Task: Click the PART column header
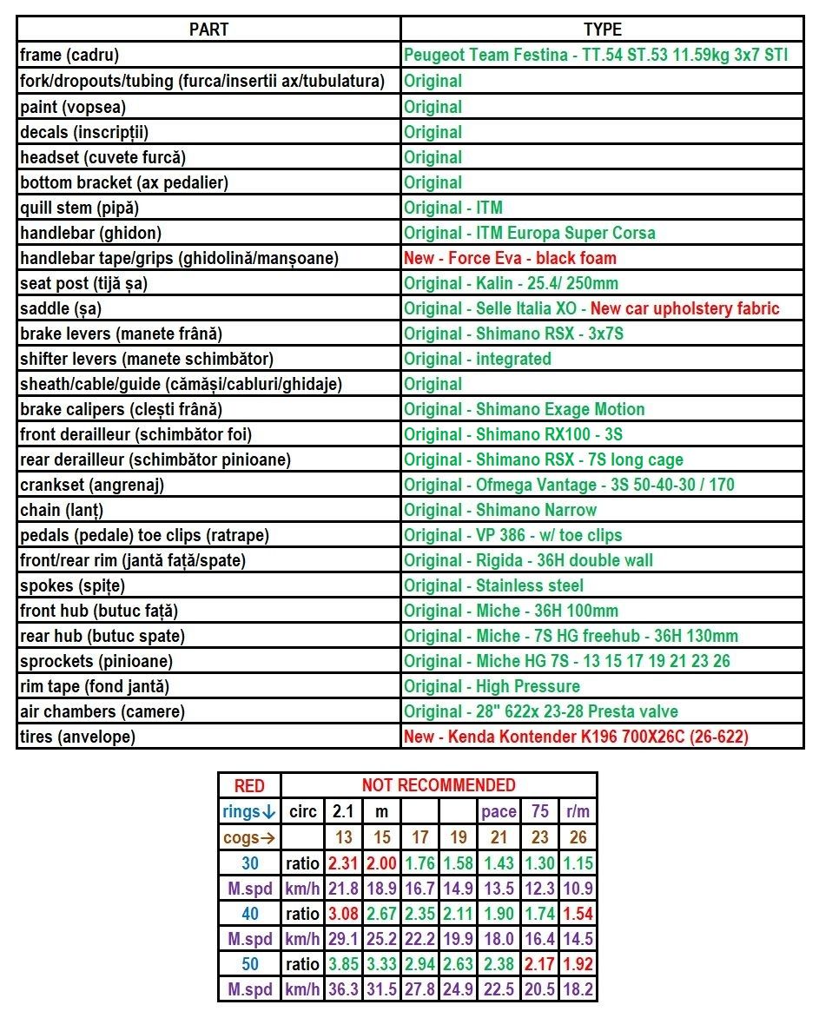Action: pyautogui.click(x=208, y=30)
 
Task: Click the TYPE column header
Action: pyautogui.click(x=602, y=30)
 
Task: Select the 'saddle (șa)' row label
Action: pyautogui.click(x=62, y=308)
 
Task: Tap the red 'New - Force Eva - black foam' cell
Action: pyautogui.click(x=510, y=258)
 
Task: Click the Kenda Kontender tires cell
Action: pyautogui.click(x=576, y=737)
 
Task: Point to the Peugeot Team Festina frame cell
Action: pyautogui.click(x=596, y=55)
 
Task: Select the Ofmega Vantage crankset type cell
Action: pyautogui.click(x=569, y=485)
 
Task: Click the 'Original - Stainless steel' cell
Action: pyautogui.click(x=493, y=585)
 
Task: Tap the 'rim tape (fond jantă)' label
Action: pyautogui.click(x=95, y=686)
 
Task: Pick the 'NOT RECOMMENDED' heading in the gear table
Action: pyautogui.click(x=439, y=785)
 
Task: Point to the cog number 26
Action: pyautogui.click(x=578, y=837)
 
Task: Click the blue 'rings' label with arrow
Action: pyautogui.click(x=249, y=812)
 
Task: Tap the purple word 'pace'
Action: pyautogui.click(x=499, y=812)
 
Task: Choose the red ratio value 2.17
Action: pyautogui.click(x=538, y=963)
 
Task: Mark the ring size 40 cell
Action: pyautogui.click(x=249, y=913)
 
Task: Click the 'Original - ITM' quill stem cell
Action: pyautogui.click(x=453, y=208)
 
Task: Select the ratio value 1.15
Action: pyautogui.click(x=578, y=863)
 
